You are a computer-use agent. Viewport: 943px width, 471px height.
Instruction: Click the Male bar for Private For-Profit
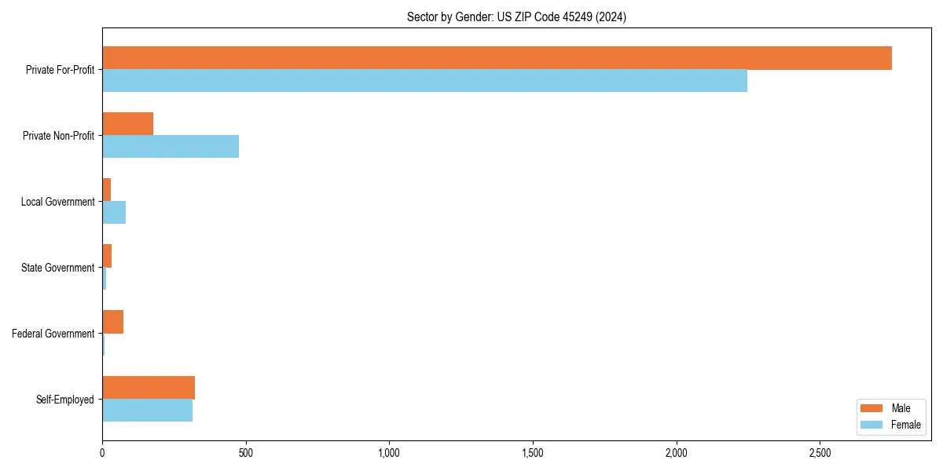coord(497,58)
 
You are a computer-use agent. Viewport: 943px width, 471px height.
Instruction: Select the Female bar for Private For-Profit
coord(424,81)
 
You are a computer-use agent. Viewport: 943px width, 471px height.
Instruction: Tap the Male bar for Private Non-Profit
coord(127,124)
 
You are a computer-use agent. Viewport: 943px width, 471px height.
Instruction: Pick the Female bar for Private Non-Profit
coord(171,147)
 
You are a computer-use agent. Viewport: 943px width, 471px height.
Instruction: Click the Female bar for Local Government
coord(114,213)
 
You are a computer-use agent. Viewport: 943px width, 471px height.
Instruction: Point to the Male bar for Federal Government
coord(112,322)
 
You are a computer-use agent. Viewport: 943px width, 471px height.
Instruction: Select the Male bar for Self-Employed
coord(149,388)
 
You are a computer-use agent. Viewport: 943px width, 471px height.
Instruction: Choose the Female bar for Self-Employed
coord(147,411)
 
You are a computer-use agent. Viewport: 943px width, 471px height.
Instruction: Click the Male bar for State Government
coord(107,256)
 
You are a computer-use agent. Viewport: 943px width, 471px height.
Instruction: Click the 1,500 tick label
coord(533,453)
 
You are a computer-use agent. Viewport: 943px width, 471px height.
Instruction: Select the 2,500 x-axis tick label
coord(820,453)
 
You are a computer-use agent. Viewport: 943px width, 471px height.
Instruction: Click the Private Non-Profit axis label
coord(58,136)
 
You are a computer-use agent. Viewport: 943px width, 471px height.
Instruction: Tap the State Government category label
coord(57,268)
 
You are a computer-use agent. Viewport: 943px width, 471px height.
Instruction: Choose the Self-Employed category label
coord(64,400)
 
